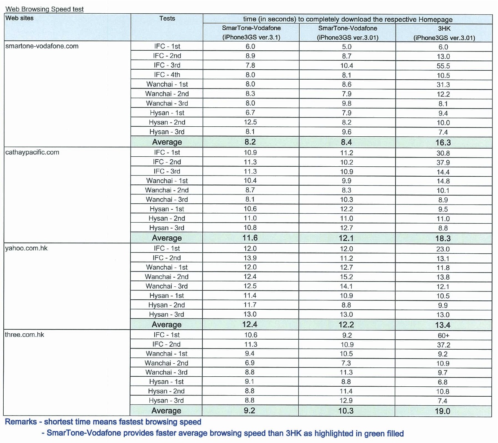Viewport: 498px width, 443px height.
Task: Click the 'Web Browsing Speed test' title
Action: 44,9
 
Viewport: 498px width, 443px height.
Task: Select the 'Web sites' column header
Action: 19,18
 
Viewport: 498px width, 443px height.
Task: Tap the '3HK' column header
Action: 444,29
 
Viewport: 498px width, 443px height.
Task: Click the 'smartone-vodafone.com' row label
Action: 42,46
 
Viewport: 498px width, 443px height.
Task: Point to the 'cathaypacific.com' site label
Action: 32,152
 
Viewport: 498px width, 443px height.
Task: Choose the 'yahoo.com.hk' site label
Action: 26,248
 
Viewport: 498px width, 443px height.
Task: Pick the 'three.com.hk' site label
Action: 24,334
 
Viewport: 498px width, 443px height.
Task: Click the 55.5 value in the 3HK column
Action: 443,66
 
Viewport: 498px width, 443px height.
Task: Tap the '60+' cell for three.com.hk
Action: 444,336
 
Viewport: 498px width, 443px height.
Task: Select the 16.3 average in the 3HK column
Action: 443,143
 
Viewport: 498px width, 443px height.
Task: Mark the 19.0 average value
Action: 443,411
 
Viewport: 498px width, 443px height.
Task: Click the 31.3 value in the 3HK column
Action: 443,85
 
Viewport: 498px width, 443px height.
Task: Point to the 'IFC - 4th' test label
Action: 167,74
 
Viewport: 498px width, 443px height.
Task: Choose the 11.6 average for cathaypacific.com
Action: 250,238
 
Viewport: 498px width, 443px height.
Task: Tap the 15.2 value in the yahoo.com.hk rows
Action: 346,277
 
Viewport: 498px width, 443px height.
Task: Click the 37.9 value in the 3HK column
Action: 443,163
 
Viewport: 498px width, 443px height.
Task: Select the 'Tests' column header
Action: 167,18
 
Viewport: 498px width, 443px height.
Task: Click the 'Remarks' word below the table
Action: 21,422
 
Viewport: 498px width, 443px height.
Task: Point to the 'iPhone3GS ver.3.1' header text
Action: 251,37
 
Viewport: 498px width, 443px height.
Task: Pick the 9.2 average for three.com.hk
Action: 249,410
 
